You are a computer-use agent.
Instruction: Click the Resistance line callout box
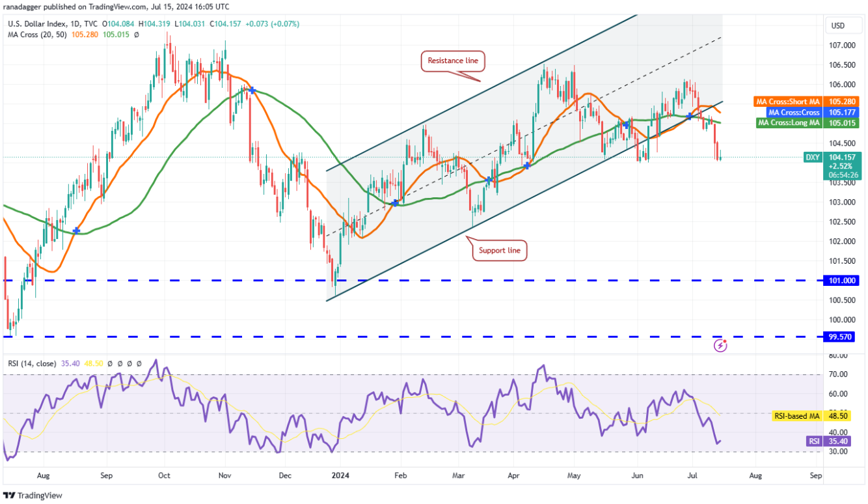point(453,61)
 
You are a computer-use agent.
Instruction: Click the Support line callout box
point(499,250)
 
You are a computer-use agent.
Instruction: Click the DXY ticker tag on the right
point(812,157)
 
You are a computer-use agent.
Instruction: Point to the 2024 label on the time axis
point(340,475)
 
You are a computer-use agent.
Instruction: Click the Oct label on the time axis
point(165,475)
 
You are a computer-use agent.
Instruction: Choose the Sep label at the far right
point(816,475)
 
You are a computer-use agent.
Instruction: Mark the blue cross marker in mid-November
point(251,90)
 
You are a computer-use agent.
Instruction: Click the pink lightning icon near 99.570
point(720,345)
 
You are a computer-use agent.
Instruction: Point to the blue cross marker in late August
point(77,231)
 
